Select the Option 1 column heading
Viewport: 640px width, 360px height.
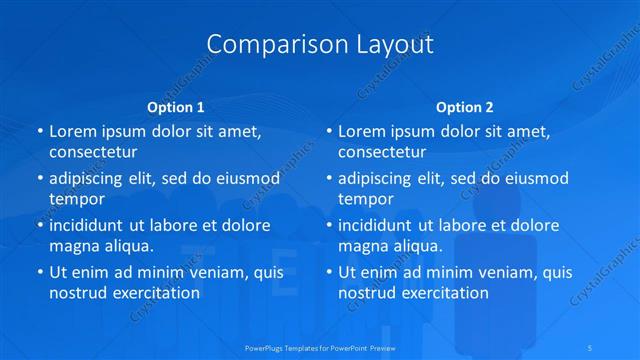(176, 106)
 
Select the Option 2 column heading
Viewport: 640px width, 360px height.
(465, 106)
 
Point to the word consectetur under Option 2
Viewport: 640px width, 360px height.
(382, 152)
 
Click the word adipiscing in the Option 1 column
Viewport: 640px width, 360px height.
(90, 178)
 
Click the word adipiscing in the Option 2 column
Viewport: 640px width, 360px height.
(379, 178)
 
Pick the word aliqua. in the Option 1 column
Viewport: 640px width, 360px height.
(126, 245)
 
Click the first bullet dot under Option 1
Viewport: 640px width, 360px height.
(39, 131)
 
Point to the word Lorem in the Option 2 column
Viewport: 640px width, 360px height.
(360, 131)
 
